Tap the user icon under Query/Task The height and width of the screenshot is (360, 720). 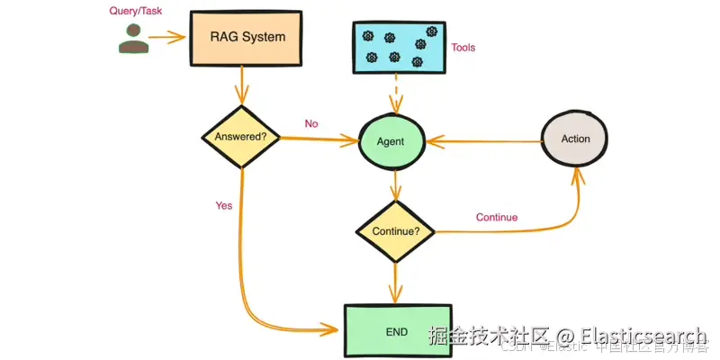tap(132, 40)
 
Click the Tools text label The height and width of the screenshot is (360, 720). tap(463, 48)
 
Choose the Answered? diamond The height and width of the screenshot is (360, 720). tap(240, 137)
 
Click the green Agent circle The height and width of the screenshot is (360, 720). tap(391, 142)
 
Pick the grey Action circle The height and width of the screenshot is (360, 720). tap(575, 139)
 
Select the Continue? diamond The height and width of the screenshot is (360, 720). tap(395, 231)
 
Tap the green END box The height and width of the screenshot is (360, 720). tap(397, 331)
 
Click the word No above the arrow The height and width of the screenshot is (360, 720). tap(311, 124)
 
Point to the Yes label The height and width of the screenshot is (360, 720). tap(224, 205)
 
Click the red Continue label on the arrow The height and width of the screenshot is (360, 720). tap(496, 217)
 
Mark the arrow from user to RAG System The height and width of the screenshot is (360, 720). tap(166, 38)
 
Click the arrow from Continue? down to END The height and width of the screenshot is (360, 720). tap(395, 281)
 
